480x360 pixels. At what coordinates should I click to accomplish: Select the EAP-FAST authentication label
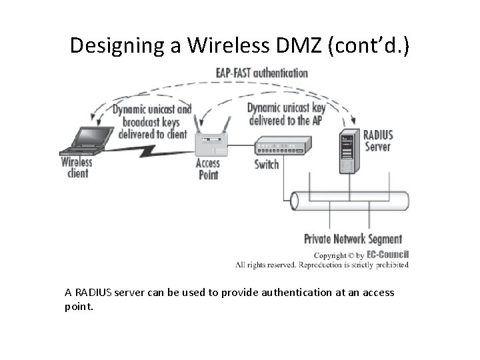(261, 73)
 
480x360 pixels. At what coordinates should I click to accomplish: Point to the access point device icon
(211, 141)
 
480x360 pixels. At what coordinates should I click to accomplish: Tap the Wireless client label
(75, 167)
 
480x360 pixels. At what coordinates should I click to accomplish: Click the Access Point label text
(207, 169)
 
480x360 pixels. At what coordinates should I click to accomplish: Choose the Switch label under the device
(267, 164)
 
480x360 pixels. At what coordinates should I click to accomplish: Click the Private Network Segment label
(353, 239)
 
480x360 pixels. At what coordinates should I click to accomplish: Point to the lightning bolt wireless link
(153, 155)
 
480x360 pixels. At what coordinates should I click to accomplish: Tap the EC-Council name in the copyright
(387, 255)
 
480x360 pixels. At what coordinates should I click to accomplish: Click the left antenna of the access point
(197, 125)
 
